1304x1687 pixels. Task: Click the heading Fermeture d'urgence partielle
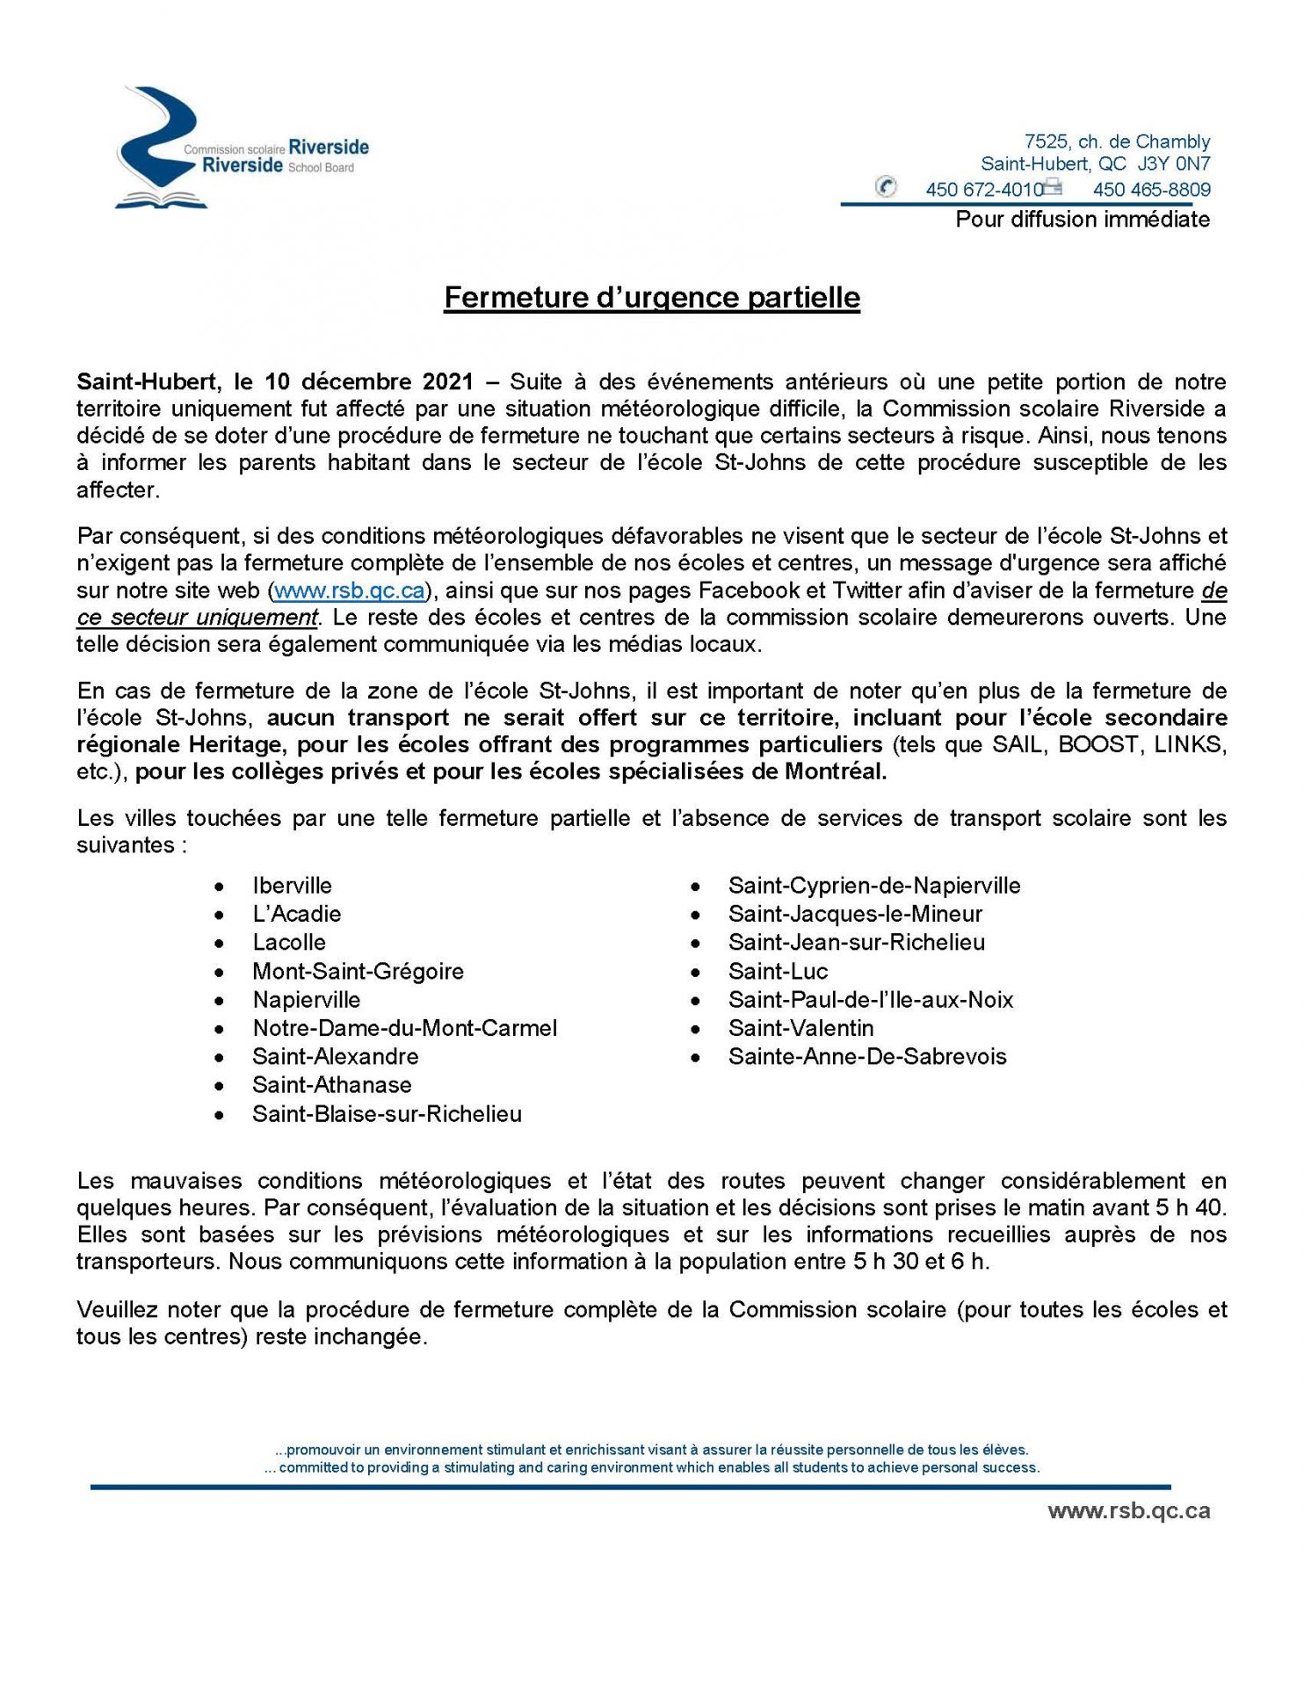(651, 298)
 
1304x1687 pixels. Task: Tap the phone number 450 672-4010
(983, 190)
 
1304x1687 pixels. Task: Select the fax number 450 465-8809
(1151, 190)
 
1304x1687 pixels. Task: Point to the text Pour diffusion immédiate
(1083, 220)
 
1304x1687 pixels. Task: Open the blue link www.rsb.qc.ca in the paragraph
(350, 590)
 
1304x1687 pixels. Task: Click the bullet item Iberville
(292, 886)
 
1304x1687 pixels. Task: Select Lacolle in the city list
(289, 943)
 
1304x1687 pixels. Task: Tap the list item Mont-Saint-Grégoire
(358, 972)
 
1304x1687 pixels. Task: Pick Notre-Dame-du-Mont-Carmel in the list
(404, 1029)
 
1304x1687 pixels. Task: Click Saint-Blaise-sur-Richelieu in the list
(387, 1114)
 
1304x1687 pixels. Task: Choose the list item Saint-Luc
(778, 972)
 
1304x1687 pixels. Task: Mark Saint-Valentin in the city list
(801, 1029)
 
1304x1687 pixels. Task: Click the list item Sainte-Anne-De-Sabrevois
(867, 1057)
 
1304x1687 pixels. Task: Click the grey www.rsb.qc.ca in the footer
(1128, 1511)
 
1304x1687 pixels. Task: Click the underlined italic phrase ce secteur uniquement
(197, 618)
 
